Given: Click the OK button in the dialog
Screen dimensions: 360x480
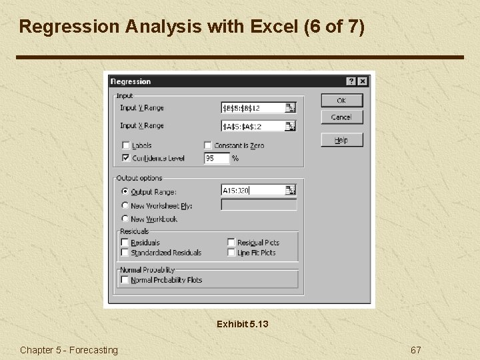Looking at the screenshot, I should coord(341,100).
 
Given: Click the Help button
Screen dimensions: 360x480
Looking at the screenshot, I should coord(341,140).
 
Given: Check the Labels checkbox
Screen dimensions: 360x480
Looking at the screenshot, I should coord(125,145).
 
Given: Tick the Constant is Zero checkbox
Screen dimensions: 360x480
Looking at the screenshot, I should coord(208,145).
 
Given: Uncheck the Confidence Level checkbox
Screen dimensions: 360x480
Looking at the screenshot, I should coord(125,158).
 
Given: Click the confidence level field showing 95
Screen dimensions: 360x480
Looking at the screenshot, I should coord(216,159).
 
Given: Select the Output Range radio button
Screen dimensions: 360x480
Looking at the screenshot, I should coord(125,191).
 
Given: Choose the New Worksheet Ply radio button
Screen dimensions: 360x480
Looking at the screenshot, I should coord(125,205).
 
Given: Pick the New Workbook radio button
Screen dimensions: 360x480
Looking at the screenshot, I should coord(125,219).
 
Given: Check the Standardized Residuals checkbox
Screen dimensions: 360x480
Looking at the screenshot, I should coord(125,253).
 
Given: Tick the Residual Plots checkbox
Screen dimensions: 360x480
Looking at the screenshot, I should coord(231,243).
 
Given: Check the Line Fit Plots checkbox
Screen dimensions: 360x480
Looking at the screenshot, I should coord(231,253).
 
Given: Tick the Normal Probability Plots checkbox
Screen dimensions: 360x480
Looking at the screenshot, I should coord(125,280).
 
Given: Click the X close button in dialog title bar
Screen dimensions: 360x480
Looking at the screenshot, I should coord(362,81).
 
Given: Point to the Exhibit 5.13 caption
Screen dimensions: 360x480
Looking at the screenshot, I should coord(242,324).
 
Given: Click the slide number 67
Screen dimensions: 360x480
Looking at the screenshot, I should coord(416,350).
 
